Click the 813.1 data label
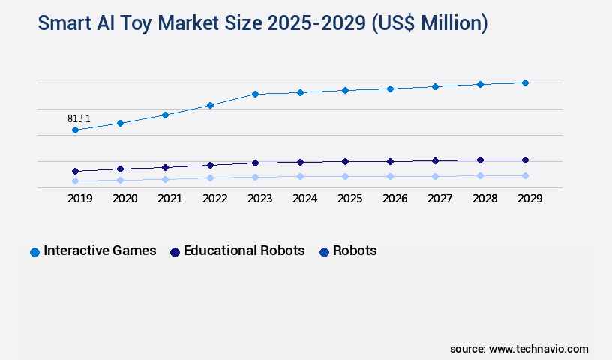click(x=79, y=118)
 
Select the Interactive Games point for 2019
click(x=75, y=130)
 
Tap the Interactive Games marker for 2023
click(x=255, y=94)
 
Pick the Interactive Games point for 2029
click(x=525, y=82)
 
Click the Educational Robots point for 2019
click(x=75, y=171)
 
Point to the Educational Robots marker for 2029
click(x=525, y=160)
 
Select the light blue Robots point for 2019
click(x=75, y=181)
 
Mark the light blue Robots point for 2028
click(x=480, y=175)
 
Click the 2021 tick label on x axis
click(x=169, y=199)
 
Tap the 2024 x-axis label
click(x=304, y=199)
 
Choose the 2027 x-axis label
click(x=439, y=199)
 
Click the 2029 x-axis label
click(x=529, y=199)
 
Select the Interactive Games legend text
click(x=100, y=250)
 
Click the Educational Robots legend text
click(x=244, y=250)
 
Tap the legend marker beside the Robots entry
click(x=324, y=252)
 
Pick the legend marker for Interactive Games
click(x=34, y=252)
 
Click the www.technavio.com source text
click(x=538, y=349)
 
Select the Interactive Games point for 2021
click(x=165, y=115)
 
